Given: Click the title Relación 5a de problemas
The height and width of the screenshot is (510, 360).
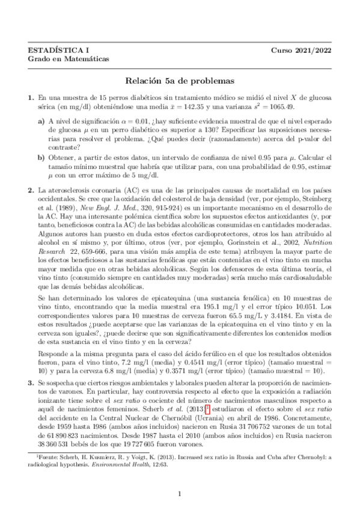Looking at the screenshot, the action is tap(180, 79).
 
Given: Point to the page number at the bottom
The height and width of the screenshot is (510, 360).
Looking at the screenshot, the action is tap(180, 494).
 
